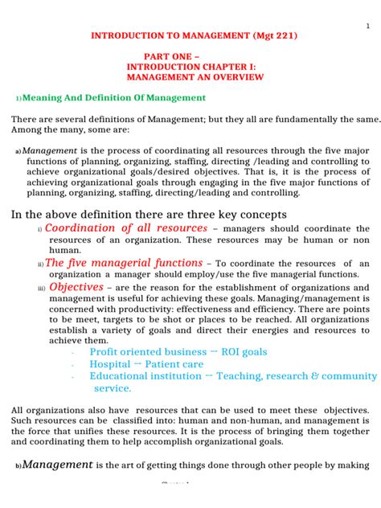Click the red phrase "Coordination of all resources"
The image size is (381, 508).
point(125,228)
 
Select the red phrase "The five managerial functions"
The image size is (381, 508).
point(124,263)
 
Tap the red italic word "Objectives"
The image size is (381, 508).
point(76,287)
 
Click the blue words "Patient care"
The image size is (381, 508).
point(174,364)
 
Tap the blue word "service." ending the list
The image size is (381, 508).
point(113,388)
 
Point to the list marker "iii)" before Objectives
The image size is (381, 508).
point(42,289)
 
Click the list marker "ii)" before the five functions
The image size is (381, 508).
point(40,264)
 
